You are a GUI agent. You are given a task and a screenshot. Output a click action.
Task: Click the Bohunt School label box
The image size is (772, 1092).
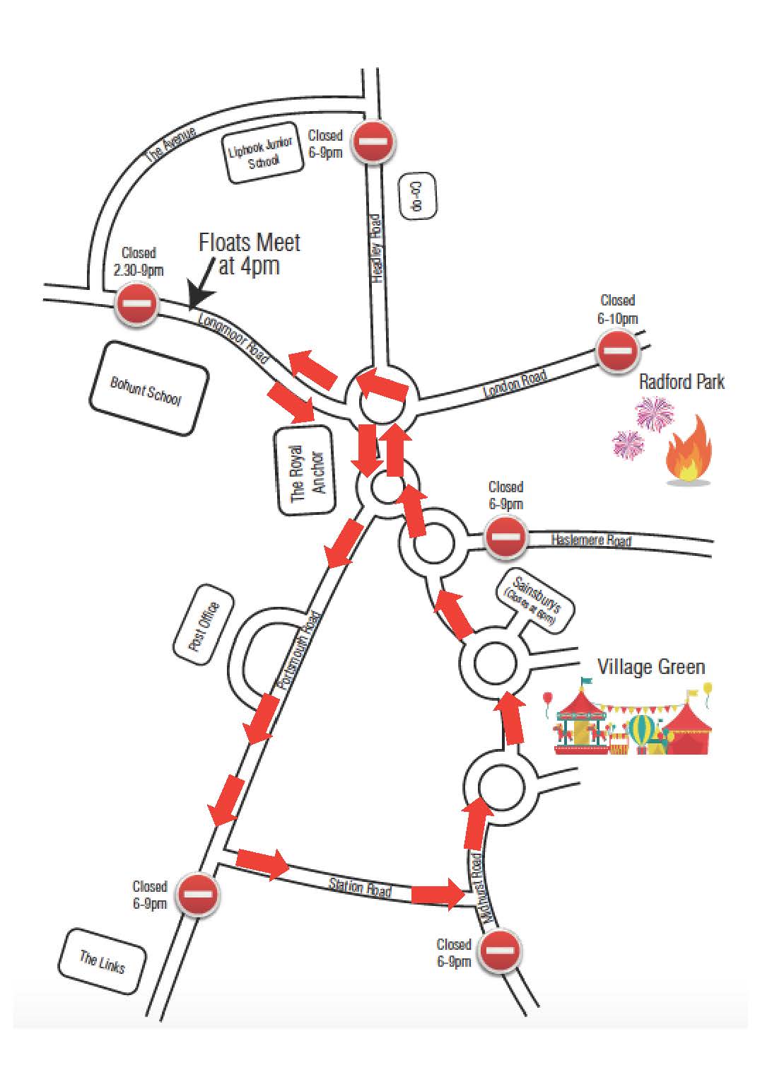coord(148,388)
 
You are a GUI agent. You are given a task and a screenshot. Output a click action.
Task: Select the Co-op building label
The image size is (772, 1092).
coord(417,195)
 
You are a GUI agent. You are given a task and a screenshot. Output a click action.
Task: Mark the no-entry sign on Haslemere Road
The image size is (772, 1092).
coord(505,536)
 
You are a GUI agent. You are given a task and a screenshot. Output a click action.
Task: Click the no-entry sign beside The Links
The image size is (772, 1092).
coord(197,894)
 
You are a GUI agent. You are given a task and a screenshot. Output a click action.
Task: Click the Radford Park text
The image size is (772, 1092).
coord(682,382)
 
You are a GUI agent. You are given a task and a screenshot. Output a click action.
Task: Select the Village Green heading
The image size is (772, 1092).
coord(650,667)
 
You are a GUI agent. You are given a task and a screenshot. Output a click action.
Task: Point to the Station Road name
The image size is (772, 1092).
coord(360,887)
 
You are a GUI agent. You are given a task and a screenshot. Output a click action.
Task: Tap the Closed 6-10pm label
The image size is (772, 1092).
coord(617,310)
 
